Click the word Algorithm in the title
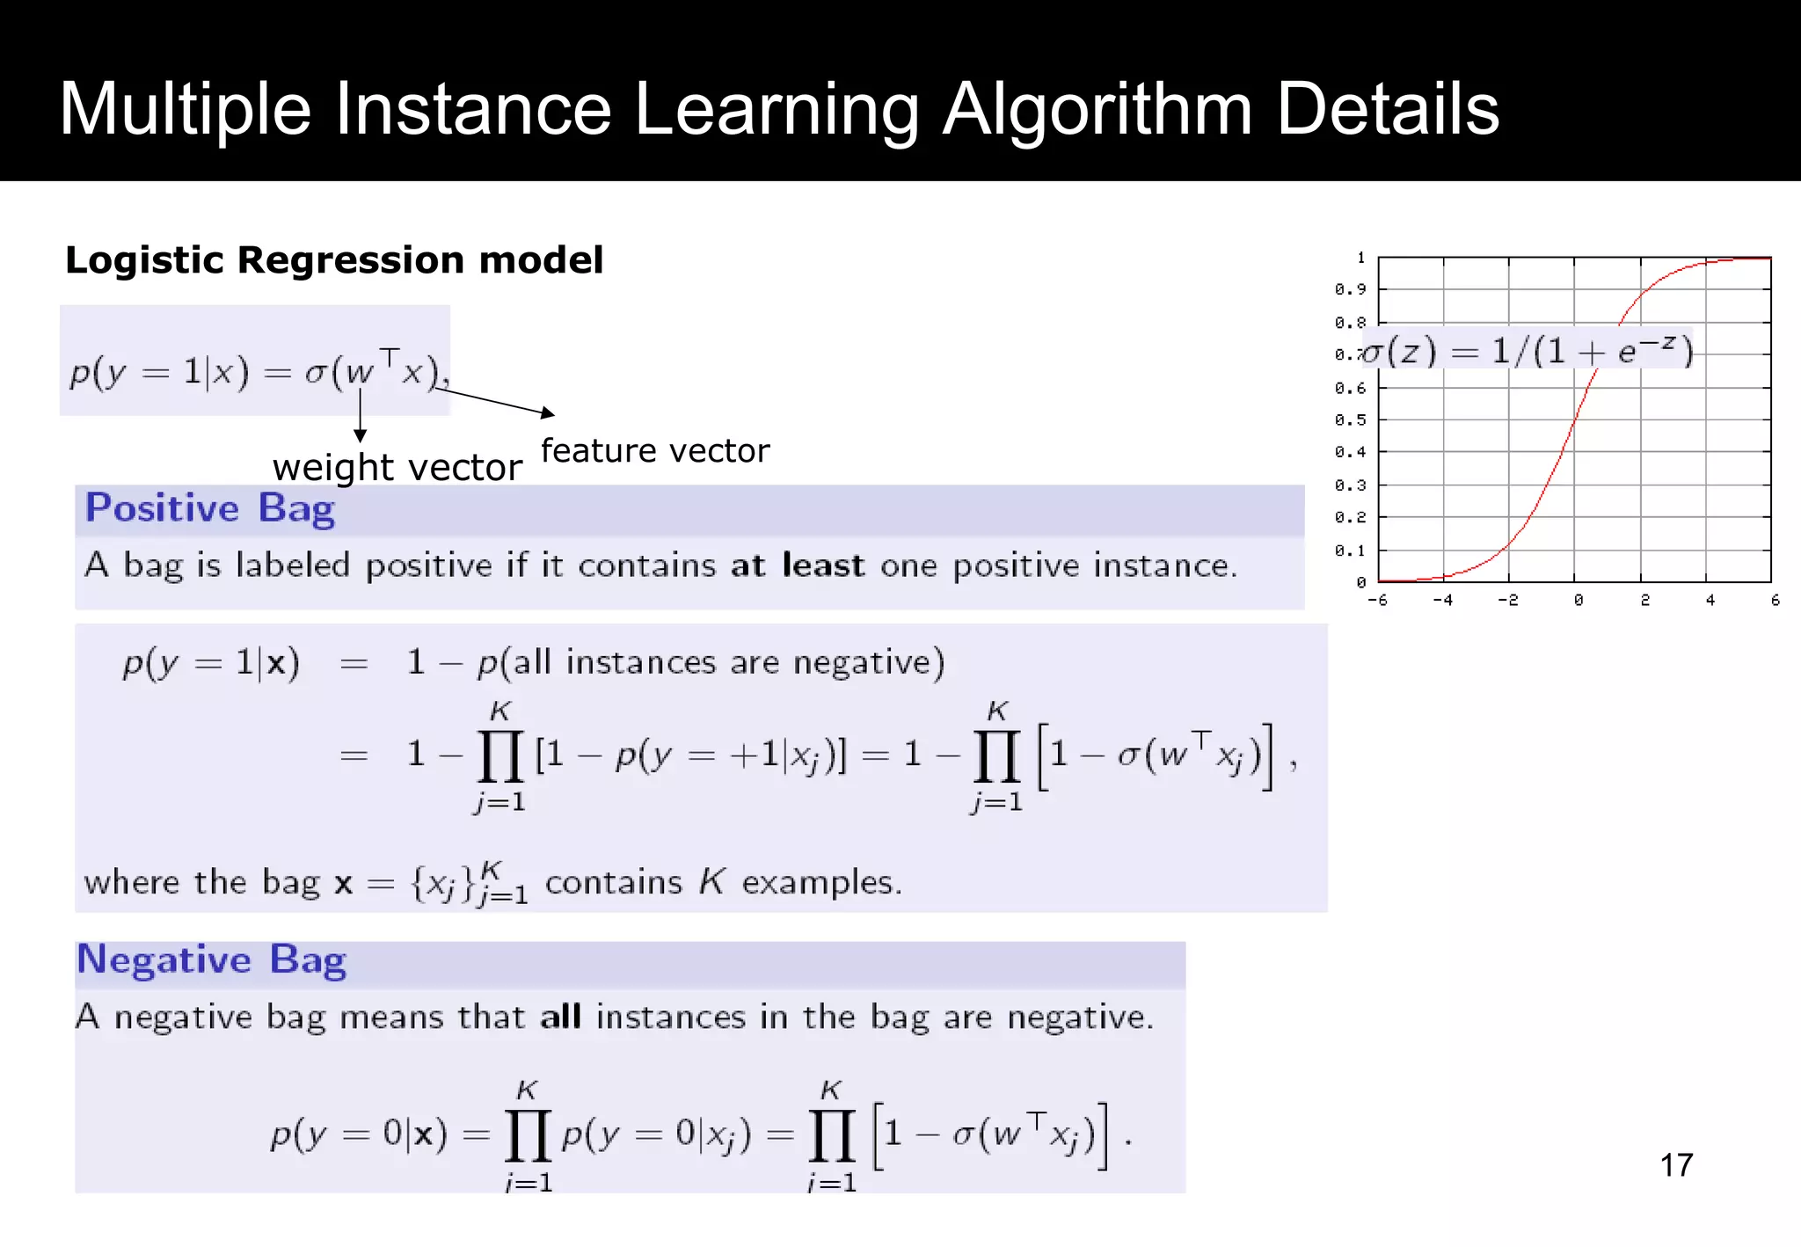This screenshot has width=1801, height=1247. tap(1097, 109)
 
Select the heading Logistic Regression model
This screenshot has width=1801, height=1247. tap(334, 260)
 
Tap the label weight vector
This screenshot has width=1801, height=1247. tap(397, 467)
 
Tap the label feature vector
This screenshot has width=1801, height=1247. tap(655, 450)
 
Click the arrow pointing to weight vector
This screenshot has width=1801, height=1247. tap(360, 413)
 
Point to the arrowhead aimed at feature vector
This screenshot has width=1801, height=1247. tap(548, 412)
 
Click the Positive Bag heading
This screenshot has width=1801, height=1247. tap(210, 509)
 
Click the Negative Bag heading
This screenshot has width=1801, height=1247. tap(212, 959)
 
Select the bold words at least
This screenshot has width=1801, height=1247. tap(797, 565)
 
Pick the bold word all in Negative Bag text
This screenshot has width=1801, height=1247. tap(560, 1017)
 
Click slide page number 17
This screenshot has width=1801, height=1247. tap(1676, 1165)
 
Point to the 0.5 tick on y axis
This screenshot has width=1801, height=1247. tap(1350, 420)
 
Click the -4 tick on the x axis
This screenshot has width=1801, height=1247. tap(1442, 601)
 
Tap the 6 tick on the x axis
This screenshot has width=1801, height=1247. tap(1775, 601)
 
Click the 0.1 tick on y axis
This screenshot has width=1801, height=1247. tap(1350, 551)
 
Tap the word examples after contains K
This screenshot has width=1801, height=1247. tap(821, 882)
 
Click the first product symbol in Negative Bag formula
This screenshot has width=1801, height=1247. tap(528, 1135)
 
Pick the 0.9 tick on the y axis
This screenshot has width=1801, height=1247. tap(1350, 289)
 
